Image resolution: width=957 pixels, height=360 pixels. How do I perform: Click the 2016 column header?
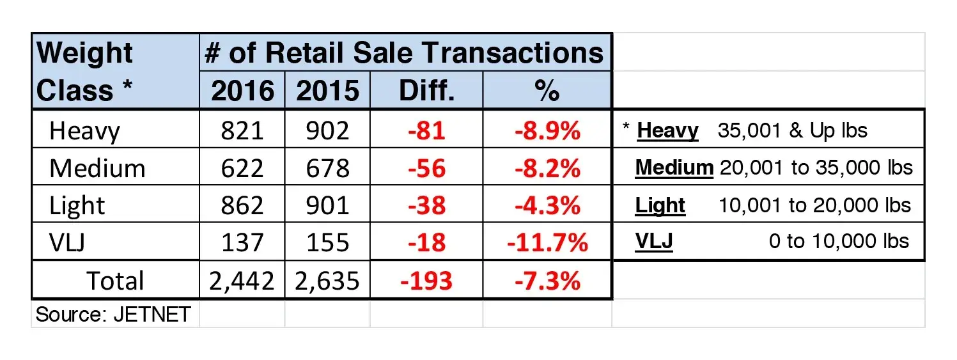click(243, 91)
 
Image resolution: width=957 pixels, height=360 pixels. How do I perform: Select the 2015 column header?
click(327, 91)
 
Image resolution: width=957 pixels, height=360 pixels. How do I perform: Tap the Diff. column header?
click(426, 91)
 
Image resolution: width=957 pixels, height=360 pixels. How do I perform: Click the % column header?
click(547, 91)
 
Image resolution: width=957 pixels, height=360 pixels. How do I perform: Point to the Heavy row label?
click(84, 131)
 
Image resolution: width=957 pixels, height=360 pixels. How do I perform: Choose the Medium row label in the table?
click(97, 168)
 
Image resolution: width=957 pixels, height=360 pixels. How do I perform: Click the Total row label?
click(115, 281)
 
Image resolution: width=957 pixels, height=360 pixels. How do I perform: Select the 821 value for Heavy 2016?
click(242, 131)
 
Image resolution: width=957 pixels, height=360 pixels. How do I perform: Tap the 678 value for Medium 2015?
click(327, 168)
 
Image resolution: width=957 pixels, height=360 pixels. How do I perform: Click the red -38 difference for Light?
click(426, 206)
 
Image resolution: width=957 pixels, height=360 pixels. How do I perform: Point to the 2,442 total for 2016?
click(242, 281)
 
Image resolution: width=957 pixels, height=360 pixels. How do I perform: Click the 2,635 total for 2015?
click(327, 281)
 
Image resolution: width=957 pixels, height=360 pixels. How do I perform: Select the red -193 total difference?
click(426, 281)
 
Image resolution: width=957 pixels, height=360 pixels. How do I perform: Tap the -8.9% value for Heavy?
click(547, 131)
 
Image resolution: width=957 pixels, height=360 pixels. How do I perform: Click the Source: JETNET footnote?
click(113, 315)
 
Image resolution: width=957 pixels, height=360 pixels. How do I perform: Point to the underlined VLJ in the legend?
click(654, 242)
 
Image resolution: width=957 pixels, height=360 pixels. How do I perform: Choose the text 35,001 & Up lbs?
click(792, 131)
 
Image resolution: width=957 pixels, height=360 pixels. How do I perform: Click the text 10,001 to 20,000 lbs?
click(814, 205)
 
